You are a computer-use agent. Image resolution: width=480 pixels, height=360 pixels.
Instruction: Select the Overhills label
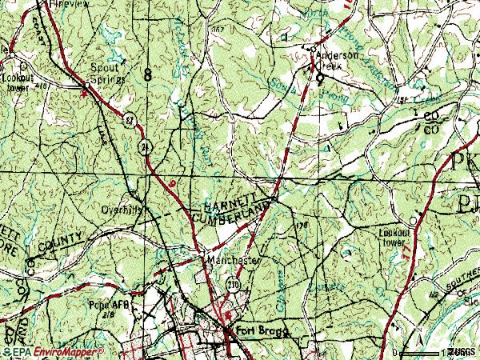pyautogui.click(x=122, y=211)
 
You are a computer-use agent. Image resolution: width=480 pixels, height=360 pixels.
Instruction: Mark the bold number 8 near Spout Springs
pyautogui.click(x=148, y=74)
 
